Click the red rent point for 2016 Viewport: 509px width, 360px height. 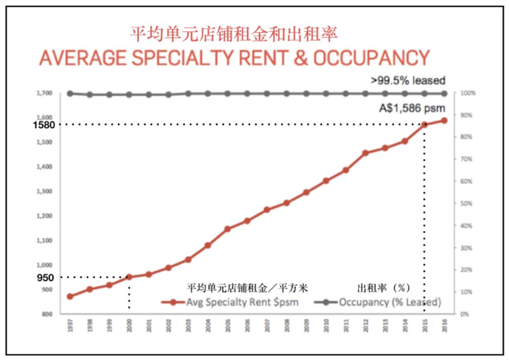(444, 121)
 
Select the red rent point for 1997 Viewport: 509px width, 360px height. (70, 296)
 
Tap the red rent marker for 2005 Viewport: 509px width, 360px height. (227, 229)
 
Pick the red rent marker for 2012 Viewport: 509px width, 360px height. (365, 153)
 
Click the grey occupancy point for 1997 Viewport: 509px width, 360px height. (70, 93)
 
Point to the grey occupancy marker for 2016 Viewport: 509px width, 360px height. (444, 93)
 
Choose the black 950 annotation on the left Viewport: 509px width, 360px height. (45, 278)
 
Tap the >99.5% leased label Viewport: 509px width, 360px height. (408, 81)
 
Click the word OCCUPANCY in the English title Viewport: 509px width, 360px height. (372, 58)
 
